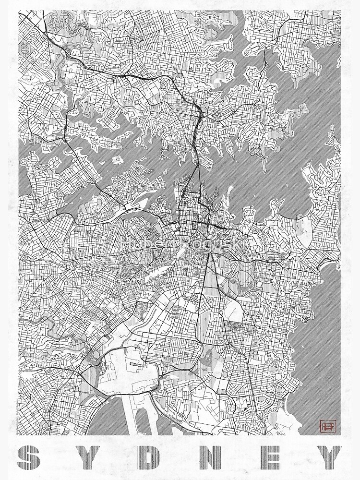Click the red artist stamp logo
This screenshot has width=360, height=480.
click(x=328, y=425)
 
